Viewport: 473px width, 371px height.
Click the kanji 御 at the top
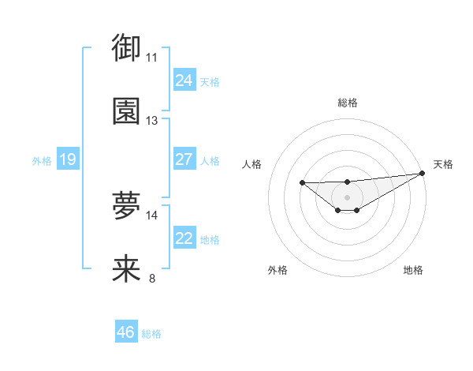pos(126,48)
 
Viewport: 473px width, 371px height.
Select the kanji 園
pos(126,111)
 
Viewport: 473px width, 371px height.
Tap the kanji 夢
pos(126,206)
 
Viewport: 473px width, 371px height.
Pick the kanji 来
pos(126,269)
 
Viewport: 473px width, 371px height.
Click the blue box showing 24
pos(184,81)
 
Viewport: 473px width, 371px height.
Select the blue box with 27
pos(184,159)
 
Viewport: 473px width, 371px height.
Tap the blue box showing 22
pos(184,238)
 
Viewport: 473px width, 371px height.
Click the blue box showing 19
pos(67,159)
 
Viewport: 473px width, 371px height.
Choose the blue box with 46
pos(125,332)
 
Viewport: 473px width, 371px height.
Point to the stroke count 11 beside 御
pos(152,58)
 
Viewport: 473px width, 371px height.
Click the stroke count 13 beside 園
pos(152,121)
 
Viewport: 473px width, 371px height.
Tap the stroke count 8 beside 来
pos(152,279)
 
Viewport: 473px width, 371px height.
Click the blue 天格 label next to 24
pos(210,82)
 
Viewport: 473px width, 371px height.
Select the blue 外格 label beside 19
pos(42,161)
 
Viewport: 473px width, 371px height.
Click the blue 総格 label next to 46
pos(151,334)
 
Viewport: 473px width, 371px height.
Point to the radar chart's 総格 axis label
pos(347,103)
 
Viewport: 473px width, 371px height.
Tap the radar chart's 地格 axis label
pos(413,270)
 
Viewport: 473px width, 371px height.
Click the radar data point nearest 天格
pos(423,173)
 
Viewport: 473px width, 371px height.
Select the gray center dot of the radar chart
pos(347,197)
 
